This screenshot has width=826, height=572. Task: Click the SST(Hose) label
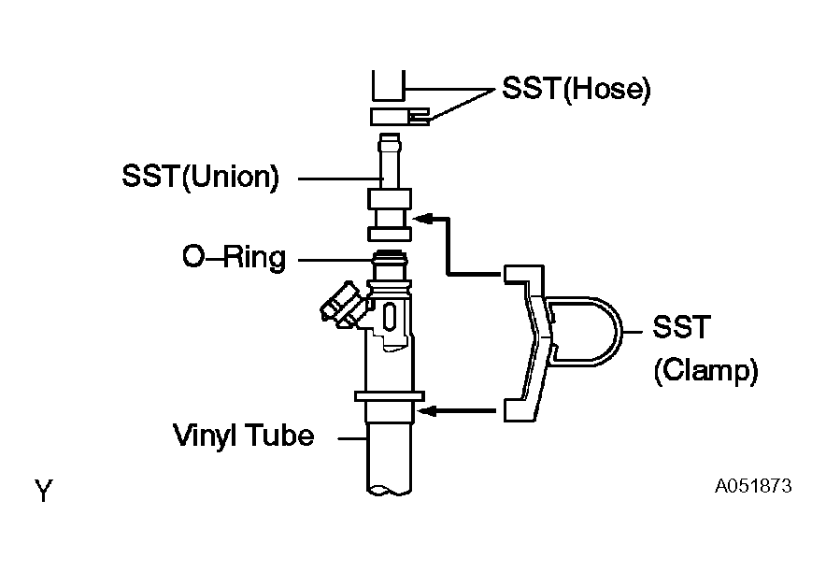576,89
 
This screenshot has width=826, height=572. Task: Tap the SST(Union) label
200,177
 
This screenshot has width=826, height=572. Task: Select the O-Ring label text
235,258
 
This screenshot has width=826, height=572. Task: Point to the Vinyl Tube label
243,436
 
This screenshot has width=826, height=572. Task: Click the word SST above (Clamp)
682,327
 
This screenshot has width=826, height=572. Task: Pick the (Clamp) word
705,371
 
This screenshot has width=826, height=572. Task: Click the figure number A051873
753,486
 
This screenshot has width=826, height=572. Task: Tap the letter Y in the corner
44,491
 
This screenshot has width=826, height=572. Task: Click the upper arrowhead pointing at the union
423,219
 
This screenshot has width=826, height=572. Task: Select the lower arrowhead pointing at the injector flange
427,411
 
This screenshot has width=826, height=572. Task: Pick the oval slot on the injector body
390,317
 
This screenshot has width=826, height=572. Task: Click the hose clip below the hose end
400,117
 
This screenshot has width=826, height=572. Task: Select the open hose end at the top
389,85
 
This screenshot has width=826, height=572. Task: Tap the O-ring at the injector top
390,260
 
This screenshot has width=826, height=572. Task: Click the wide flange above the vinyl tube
390,396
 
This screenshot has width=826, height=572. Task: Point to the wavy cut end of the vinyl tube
389,491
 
